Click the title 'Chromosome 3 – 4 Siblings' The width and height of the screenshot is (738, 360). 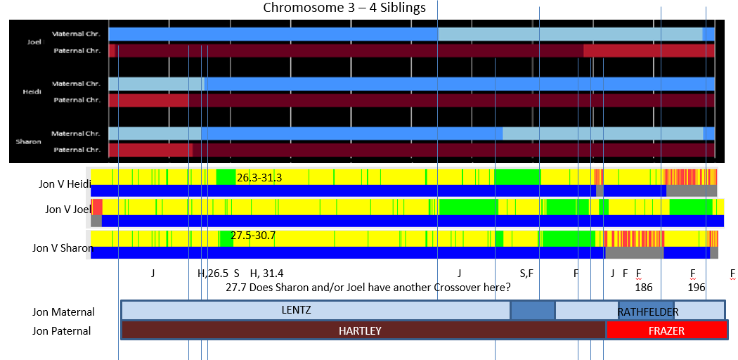[344, 8]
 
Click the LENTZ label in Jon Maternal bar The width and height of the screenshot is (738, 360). [296, 310]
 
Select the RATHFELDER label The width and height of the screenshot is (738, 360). [648, 312]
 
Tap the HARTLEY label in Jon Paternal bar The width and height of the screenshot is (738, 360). [360, 330]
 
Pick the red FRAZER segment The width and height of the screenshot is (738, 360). [666, 330]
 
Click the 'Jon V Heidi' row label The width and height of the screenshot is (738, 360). [65, 184]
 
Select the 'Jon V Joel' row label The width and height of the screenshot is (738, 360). [68, 209]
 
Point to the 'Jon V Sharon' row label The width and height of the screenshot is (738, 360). [63, 247]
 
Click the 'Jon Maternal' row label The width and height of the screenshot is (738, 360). [63, 312]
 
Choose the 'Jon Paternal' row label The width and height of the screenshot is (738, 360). [62, 330]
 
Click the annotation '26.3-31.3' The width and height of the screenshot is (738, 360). [259, 177]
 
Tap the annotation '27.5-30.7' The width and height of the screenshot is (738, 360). [256, 236]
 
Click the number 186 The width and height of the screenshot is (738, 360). [643, 288]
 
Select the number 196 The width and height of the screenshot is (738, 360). [696, 288]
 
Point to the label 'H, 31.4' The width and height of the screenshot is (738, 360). [266, 273]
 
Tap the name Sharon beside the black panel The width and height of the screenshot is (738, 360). [28, 141]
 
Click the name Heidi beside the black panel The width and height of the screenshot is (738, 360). [32, 91]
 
